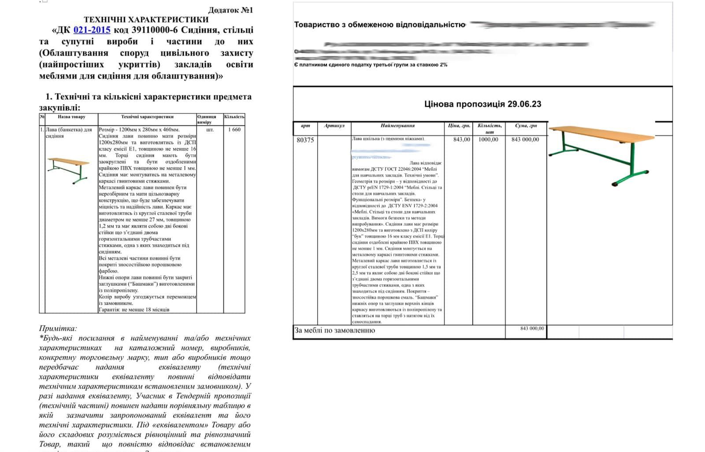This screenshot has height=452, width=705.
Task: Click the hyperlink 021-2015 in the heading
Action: pos(92,30)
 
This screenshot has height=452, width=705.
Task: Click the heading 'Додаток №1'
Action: pos(230,10)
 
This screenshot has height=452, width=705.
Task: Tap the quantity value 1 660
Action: pos(234,130)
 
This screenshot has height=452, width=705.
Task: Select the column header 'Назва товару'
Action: pos(71,117)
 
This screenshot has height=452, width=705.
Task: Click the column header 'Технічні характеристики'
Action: pos(147,117)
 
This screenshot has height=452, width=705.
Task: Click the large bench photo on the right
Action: pos(601,154)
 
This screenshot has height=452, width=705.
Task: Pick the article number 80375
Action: pos(305,140)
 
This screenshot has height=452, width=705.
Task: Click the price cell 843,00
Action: pos(461,139)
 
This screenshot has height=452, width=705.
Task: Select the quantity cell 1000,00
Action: pos(488,139)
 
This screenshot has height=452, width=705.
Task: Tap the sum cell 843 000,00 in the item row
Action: pos(525,139)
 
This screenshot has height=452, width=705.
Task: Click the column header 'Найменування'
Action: pos(397,126)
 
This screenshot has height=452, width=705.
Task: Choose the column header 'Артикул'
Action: pos(334,126)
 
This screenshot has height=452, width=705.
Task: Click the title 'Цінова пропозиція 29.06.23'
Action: pos(482,104)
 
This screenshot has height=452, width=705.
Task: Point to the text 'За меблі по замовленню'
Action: pos(334,330)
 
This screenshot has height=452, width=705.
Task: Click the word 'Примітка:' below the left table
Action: pos(58,329)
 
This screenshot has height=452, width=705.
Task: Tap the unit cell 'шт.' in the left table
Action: pos(210,130)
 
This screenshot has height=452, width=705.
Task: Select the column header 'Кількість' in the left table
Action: pos(234,117)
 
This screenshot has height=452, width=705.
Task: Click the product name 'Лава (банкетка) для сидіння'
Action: pos(68,133)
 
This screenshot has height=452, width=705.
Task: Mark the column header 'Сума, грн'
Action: pos(526,126)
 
